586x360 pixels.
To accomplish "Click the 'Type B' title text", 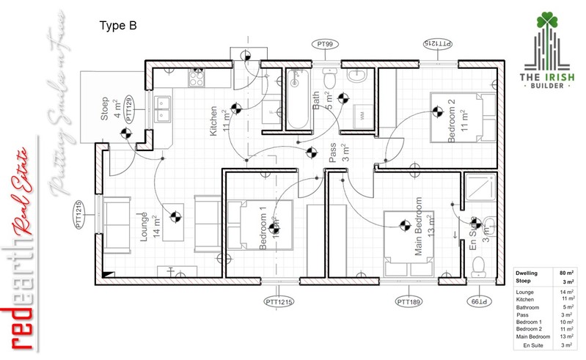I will (117, 26).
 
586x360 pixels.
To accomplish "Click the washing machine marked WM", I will (362, 114).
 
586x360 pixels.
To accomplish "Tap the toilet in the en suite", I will (480, 263).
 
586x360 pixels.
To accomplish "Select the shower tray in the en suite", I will (480, 190).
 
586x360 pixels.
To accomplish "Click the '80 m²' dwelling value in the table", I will (565, 273).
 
